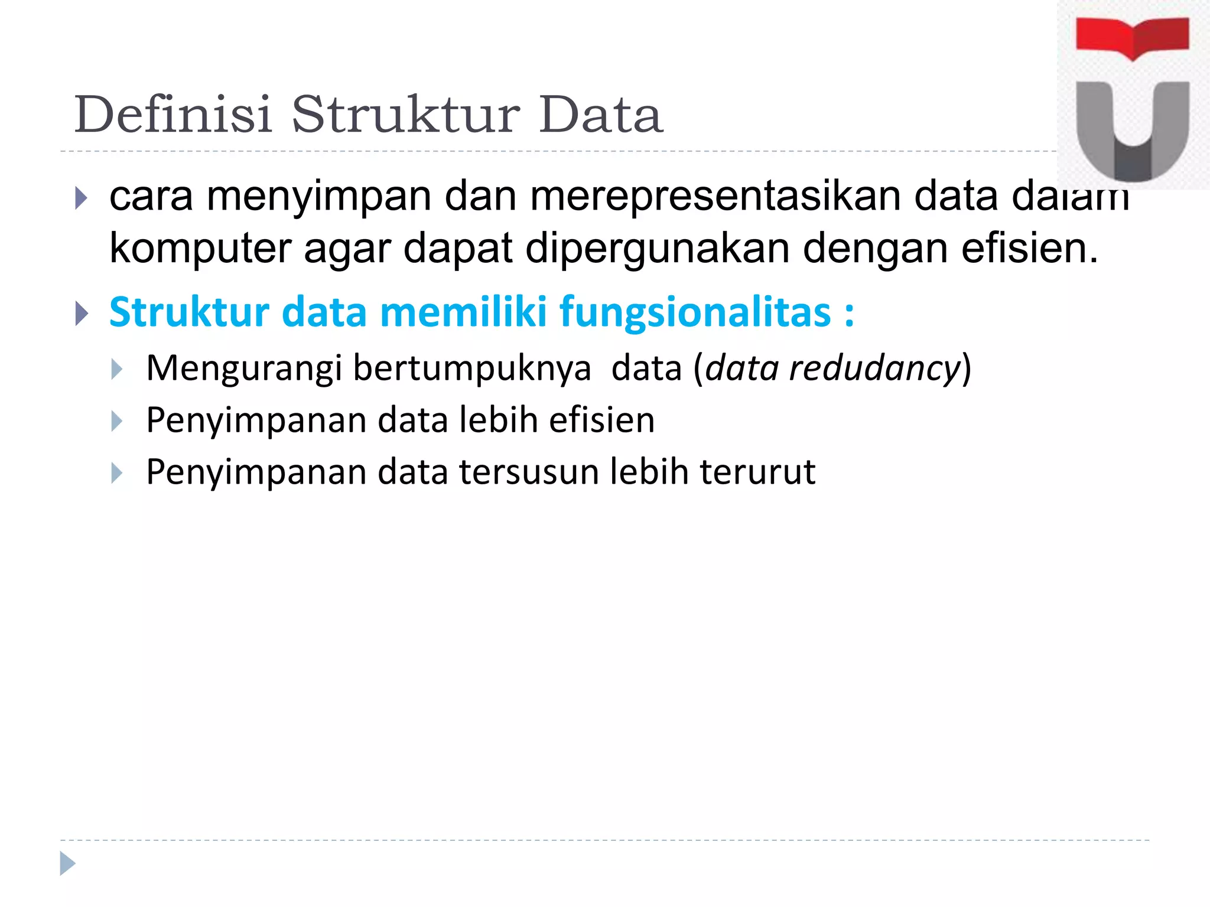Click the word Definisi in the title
[x=173, y=115]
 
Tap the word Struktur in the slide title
[x=405, y=115]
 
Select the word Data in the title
[x=600, y=115]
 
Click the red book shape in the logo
[x=1132, y=37]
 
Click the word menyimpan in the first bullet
[x=318, y=197]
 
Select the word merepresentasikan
[x=715, y=196]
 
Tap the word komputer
[x=200, y=249]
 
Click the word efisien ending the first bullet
[x=1029, y=248]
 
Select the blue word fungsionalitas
[x=695, y=312]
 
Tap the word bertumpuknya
[x=471, y=368]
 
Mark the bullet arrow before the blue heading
[x=82, y=314]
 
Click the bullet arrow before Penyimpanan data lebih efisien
[x=117, y=422]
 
